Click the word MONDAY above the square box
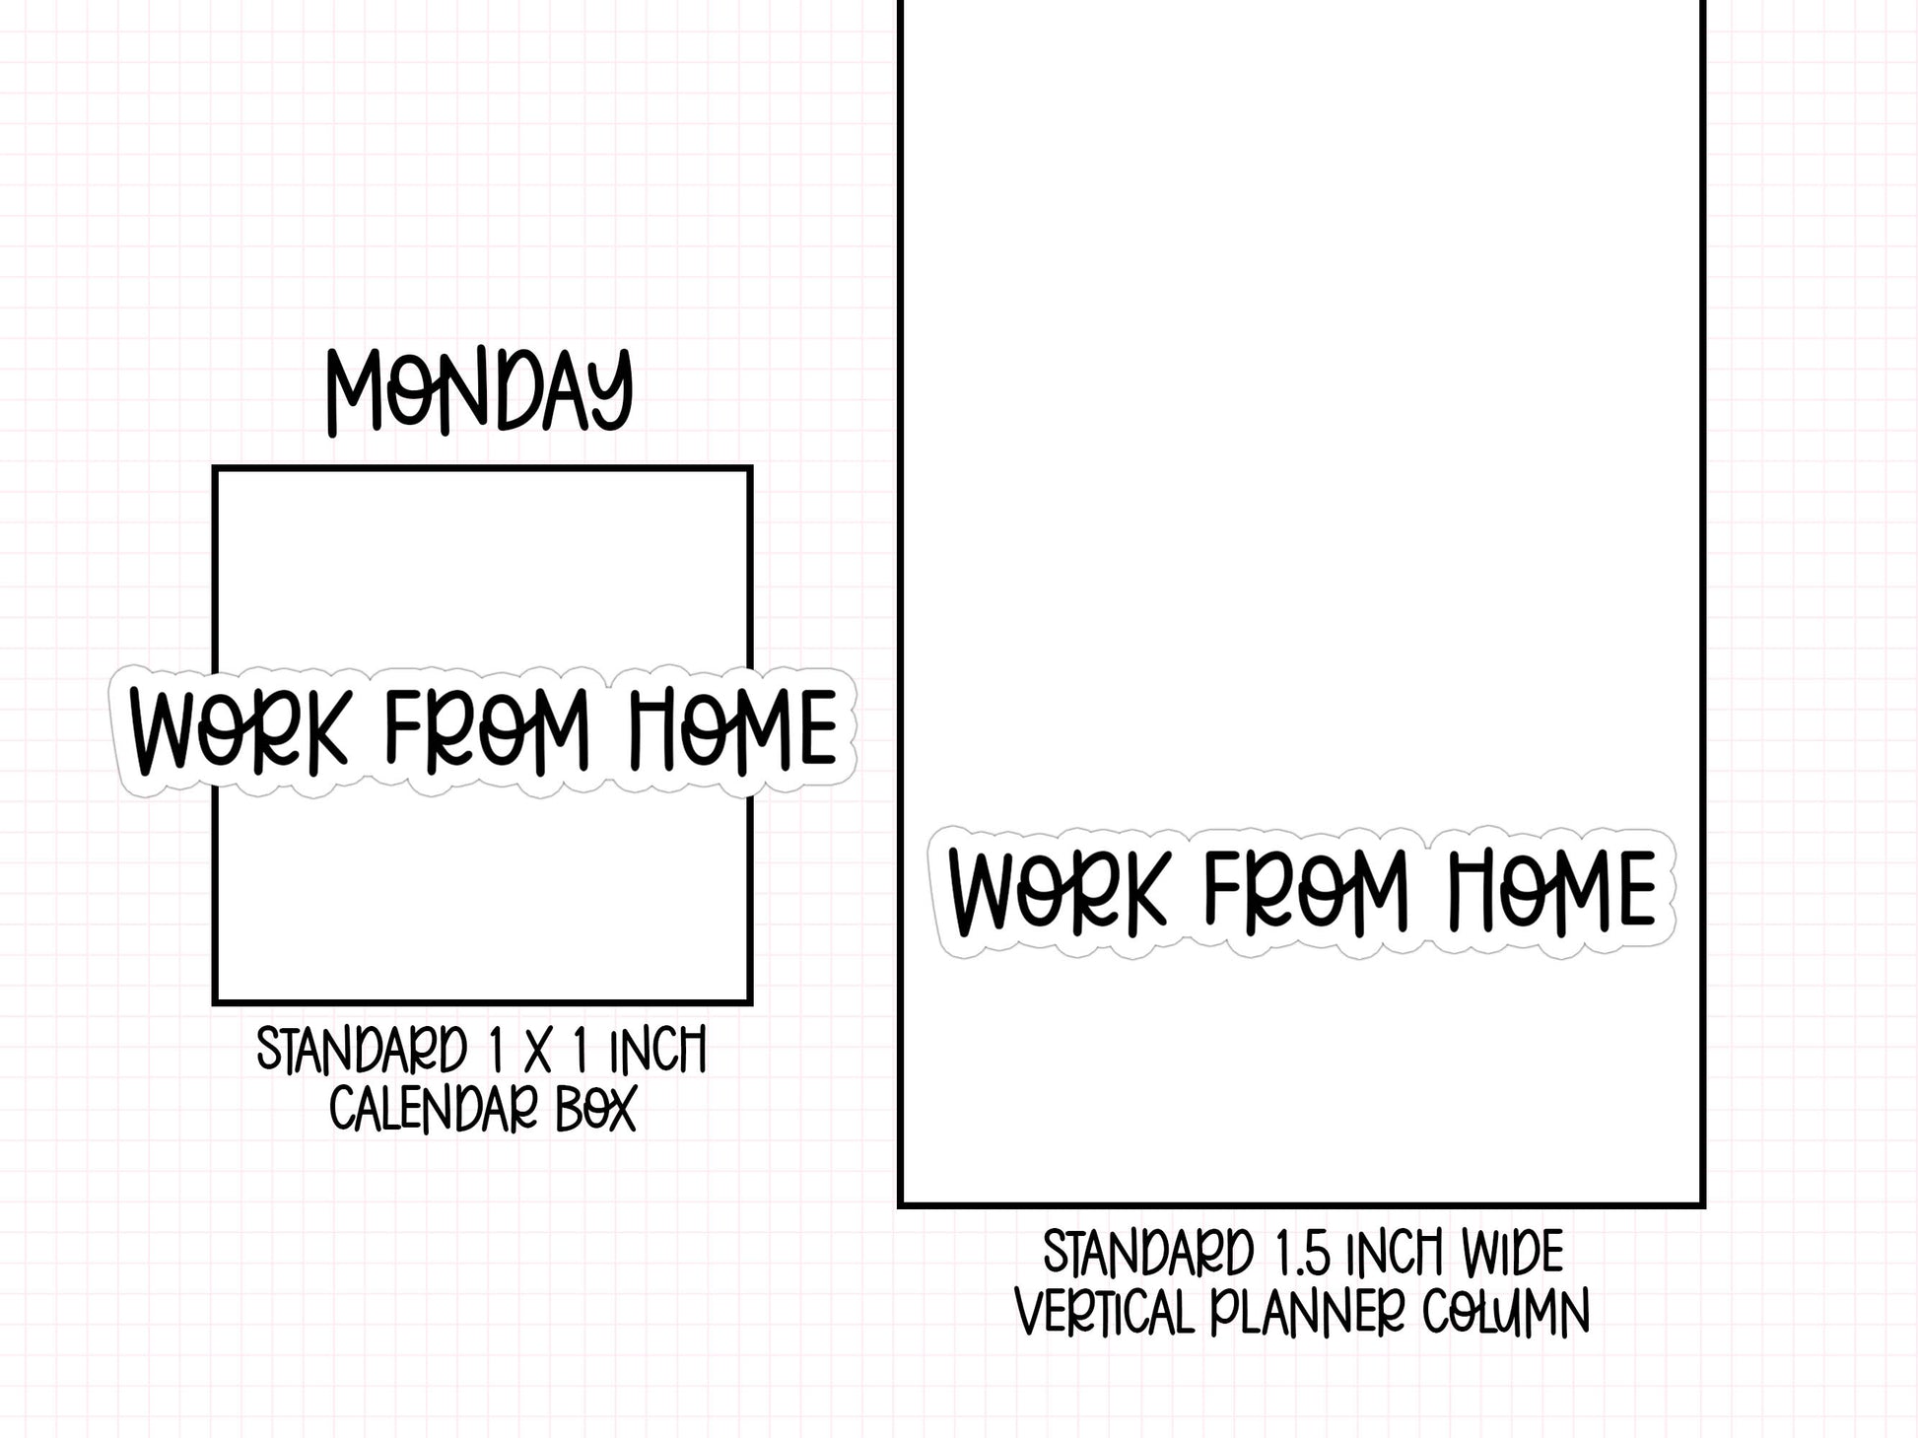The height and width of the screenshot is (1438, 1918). [x=479, y=391]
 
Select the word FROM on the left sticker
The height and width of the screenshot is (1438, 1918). [x=486, y=729]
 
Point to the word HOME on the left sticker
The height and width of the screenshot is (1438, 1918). [x=733, y=729]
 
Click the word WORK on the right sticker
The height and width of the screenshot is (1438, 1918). [x=1057, y=891]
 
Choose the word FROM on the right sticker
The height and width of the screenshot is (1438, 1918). [x=1305, y=891]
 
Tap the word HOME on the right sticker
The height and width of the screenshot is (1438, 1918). [x=1554, y=891]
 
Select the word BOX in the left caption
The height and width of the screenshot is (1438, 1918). [x=596, y=1110]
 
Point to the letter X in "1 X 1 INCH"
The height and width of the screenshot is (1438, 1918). [x=537, y=1052]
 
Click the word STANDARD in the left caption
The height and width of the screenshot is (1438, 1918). [x=362, y=1051]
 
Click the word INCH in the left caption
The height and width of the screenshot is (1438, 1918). [x=657, y=1051]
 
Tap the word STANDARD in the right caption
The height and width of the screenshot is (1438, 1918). [x=1148, y=1254]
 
